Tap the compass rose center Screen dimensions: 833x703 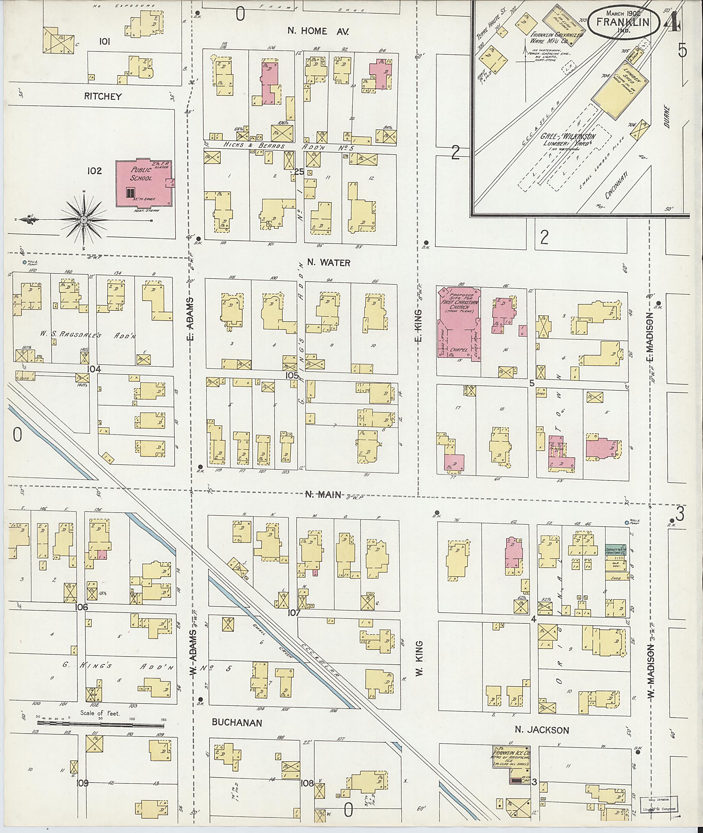pos(84,219)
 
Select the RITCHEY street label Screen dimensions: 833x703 pos(103,96)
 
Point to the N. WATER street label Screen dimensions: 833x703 pos(329,263)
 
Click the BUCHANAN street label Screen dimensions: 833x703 pos(237,723)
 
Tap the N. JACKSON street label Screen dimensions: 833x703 pos(542,730)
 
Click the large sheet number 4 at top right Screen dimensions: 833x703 pos(672,22)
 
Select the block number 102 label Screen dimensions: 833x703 pos(94,171)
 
